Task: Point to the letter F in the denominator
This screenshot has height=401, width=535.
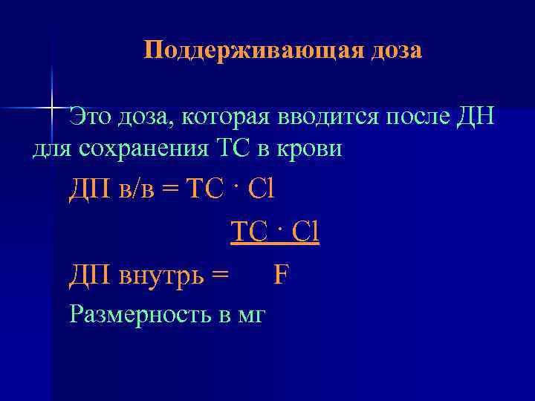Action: coord(281,276)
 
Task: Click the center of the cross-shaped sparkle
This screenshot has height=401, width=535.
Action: coord(53,106)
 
